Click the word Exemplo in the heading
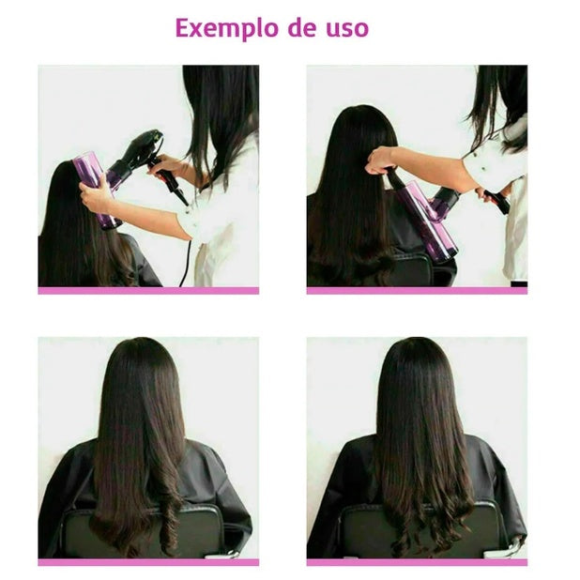(x=227, y=28)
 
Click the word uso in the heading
(x=347, y=28)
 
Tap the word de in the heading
(x=302, y=28)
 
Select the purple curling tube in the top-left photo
(x=97, y=190)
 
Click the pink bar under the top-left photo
(x=148, y=291)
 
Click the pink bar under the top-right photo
(x=417, y=291)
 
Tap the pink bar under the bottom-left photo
(x=148, y=562)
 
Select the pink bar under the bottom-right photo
(x=417, y=562)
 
